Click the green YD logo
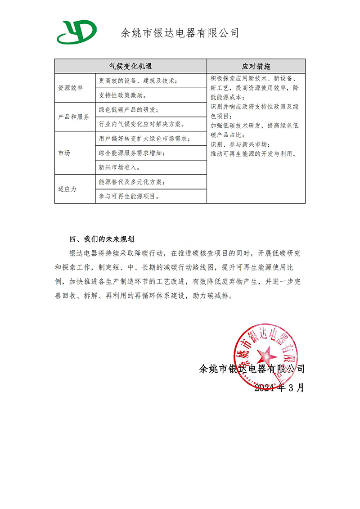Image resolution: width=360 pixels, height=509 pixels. point(76,32)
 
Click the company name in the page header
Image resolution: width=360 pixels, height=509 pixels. point(180,33)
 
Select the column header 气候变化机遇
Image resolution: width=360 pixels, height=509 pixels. point(130,66)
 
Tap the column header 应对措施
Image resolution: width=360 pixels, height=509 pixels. point(256,66)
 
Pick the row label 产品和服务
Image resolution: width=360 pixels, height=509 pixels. point(74,117)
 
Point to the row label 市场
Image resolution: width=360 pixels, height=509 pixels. point(64,153)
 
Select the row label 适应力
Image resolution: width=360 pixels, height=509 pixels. point(67,189)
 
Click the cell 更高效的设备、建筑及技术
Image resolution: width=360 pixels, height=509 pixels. point(138,81)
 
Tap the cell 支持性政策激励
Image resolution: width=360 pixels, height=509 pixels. point(122,95)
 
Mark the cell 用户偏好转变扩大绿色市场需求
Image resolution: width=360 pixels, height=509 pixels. point(144,139)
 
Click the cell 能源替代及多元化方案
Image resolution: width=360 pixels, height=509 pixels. point(131,182)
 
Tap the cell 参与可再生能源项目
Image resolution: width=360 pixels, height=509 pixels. point(128,196)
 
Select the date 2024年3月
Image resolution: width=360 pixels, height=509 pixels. point(279,387)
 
